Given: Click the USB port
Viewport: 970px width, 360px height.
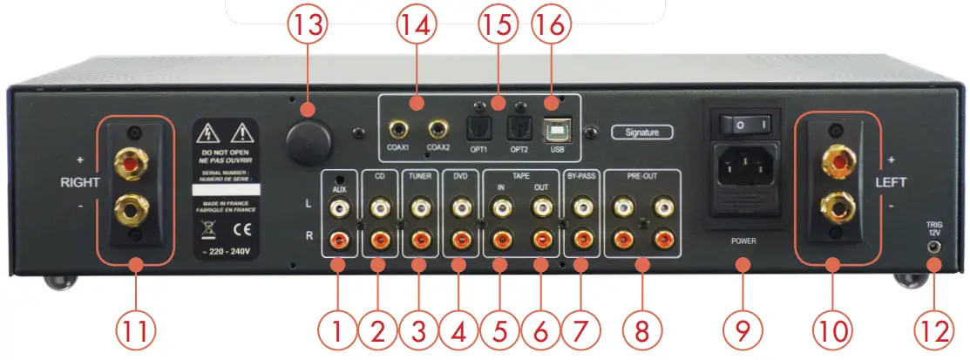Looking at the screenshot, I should click(554, 131).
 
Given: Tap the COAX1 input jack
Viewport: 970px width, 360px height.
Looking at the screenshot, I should click(400, 131).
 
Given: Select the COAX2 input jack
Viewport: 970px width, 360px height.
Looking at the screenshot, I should click(439, 132).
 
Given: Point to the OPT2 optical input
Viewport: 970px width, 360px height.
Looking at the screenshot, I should click(519, 131).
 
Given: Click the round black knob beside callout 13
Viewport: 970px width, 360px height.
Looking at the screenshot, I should click(310, 139).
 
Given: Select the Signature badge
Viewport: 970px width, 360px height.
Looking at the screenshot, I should click(641, 132).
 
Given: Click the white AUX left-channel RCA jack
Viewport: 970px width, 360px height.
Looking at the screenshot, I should click(338, 207).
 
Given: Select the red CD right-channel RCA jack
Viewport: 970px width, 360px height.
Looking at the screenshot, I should click(378, 238).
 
